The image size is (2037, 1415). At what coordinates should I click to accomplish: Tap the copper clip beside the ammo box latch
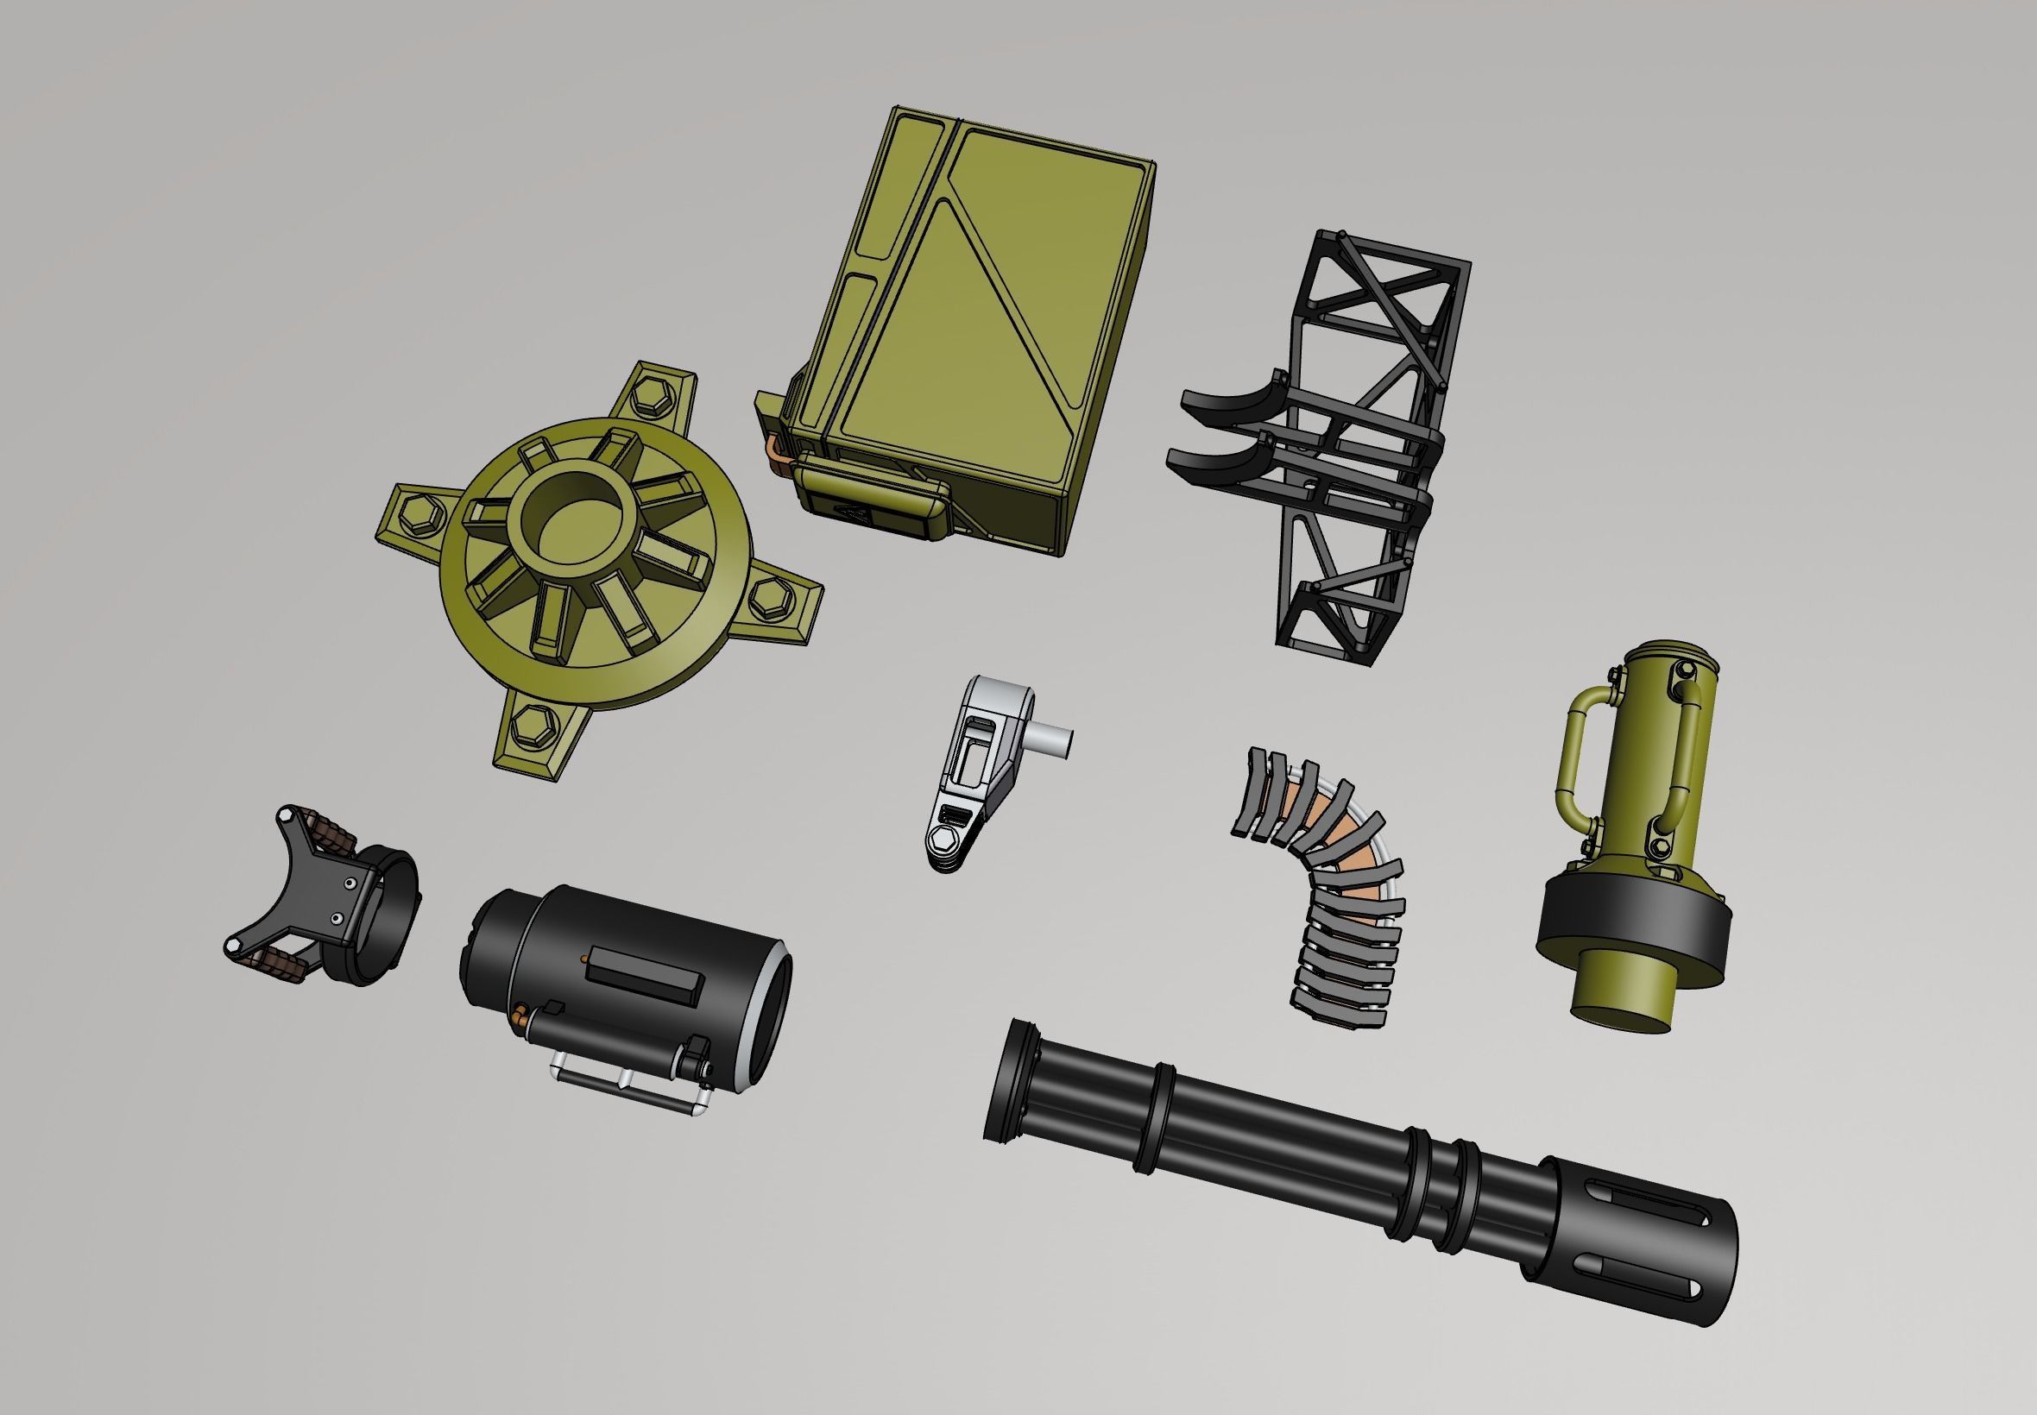tap(779, 453)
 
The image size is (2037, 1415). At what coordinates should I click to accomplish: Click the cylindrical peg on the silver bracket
tap(1051, 741)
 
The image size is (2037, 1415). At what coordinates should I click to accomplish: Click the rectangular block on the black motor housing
tap(645, 972)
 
